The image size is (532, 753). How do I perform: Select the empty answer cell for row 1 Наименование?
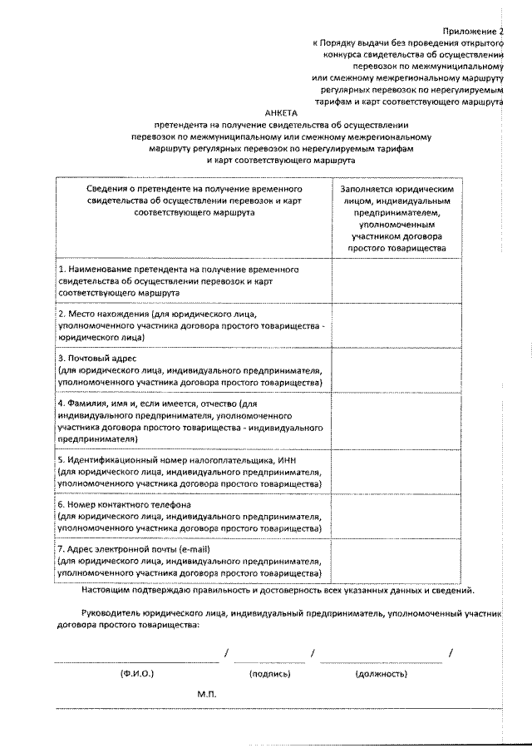pos(396,282)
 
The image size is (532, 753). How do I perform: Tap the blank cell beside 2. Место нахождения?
pos(396,326)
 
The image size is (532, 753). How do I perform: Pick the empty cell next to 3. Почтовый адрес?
pos(396,370)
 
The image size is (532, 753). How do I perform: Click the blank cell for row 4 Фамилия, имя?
pos(396,421)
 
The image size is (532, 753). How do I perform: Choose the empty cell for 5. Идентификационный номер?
pos(396,471)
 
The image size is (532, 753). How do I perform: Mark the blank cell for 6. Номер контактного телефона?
pos(396,516)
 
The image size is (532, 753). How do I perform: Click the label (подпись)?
pos(269,672)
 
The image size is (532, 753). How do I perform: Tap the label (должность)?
pos(380,672)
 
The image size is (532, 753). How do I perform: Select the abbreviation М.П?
pos(207,693)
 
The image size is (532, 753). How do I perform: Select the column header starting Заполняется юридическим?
pos(396,219)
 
